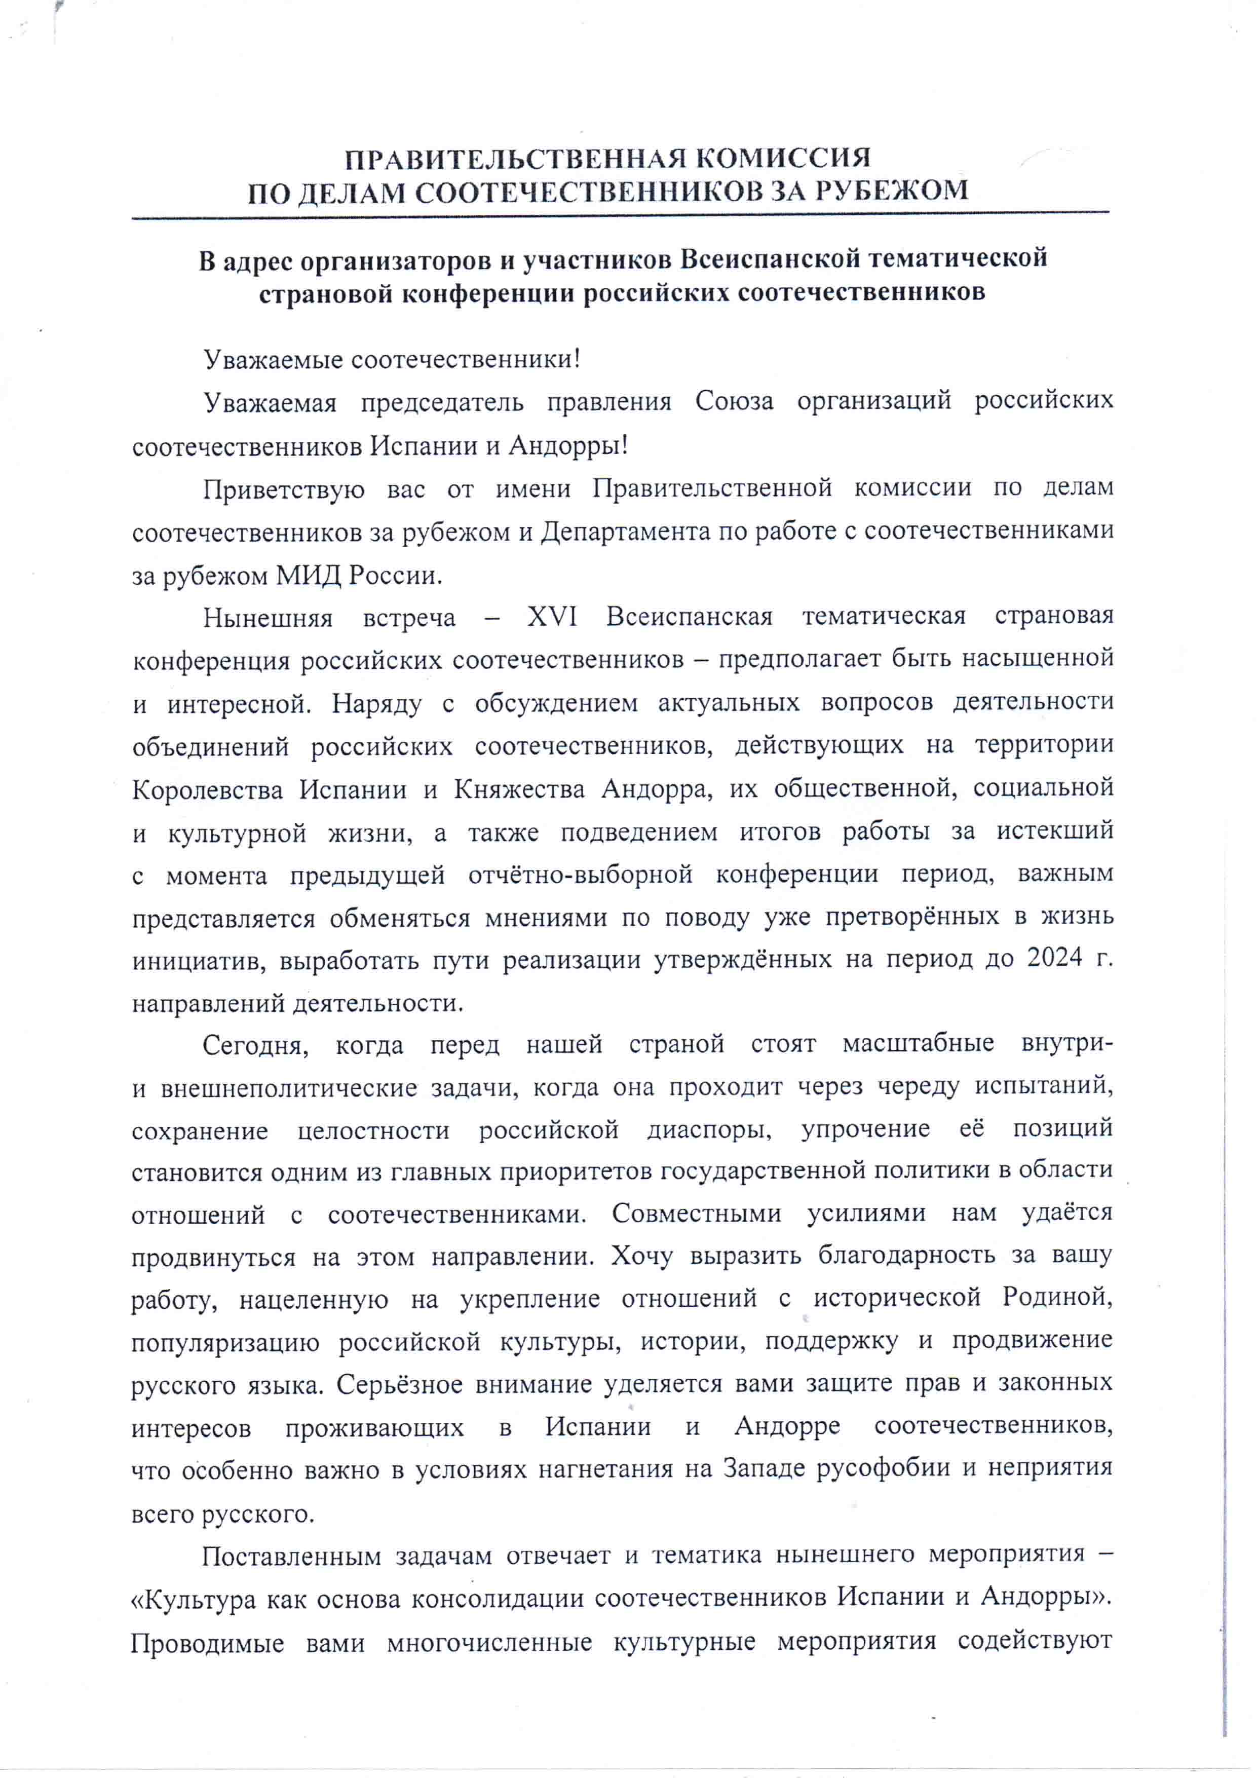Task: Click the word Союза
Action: [x=734, y=401]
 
